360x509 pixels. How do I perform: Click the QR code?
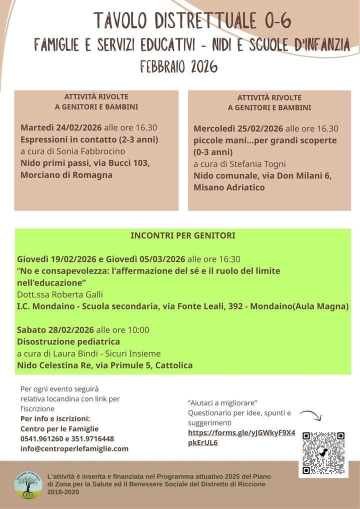(x=323, y=453)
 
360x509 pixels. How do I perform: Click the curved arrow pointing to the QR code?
(x=310, y=417)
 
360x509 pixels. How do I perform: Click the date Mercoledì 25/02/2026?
(x=238, y=128)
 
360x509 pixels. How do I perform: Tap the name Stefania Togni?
(x=260, y=163)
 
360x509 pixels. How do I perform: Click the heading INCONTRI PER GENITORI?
(x=183, y=235)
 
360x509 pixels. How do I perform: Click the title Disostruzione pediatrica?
(x=68, y=341)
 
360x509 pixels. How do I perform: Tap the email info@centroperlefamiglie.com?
(x=74, y=448)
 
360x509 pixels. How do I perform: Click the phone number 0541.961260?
(x=40, y=438)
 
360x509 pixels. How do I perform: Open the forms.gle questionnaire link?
(x=241, y=437)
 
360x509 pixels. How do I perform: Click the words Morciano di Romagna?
(x=66, y=175)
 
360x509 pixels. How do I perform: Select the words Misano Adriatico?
(x=229, y=187)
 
